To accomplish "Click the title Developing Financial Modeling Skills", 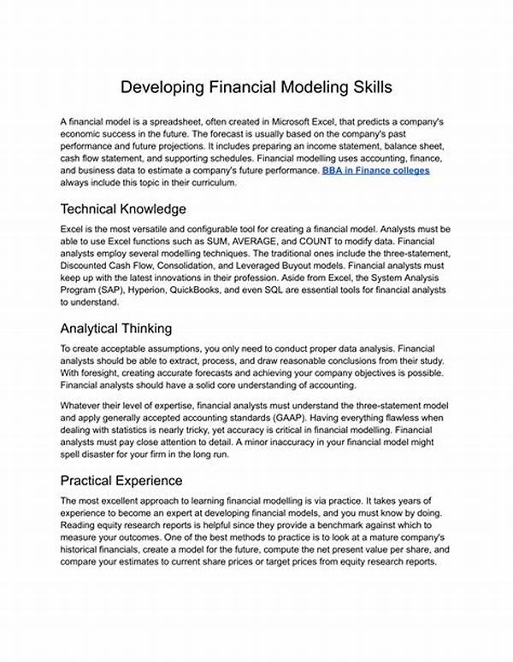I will pyautogui.click(x=256, y=87).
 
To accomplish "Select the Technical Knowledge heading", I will pyautogui.click(x=124, y=208).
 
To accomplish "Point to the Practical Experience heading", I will pyautogui.click(x=121, y=480).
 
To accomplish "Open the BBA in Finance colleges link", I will pyautogui.click(x=376, y=171).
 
